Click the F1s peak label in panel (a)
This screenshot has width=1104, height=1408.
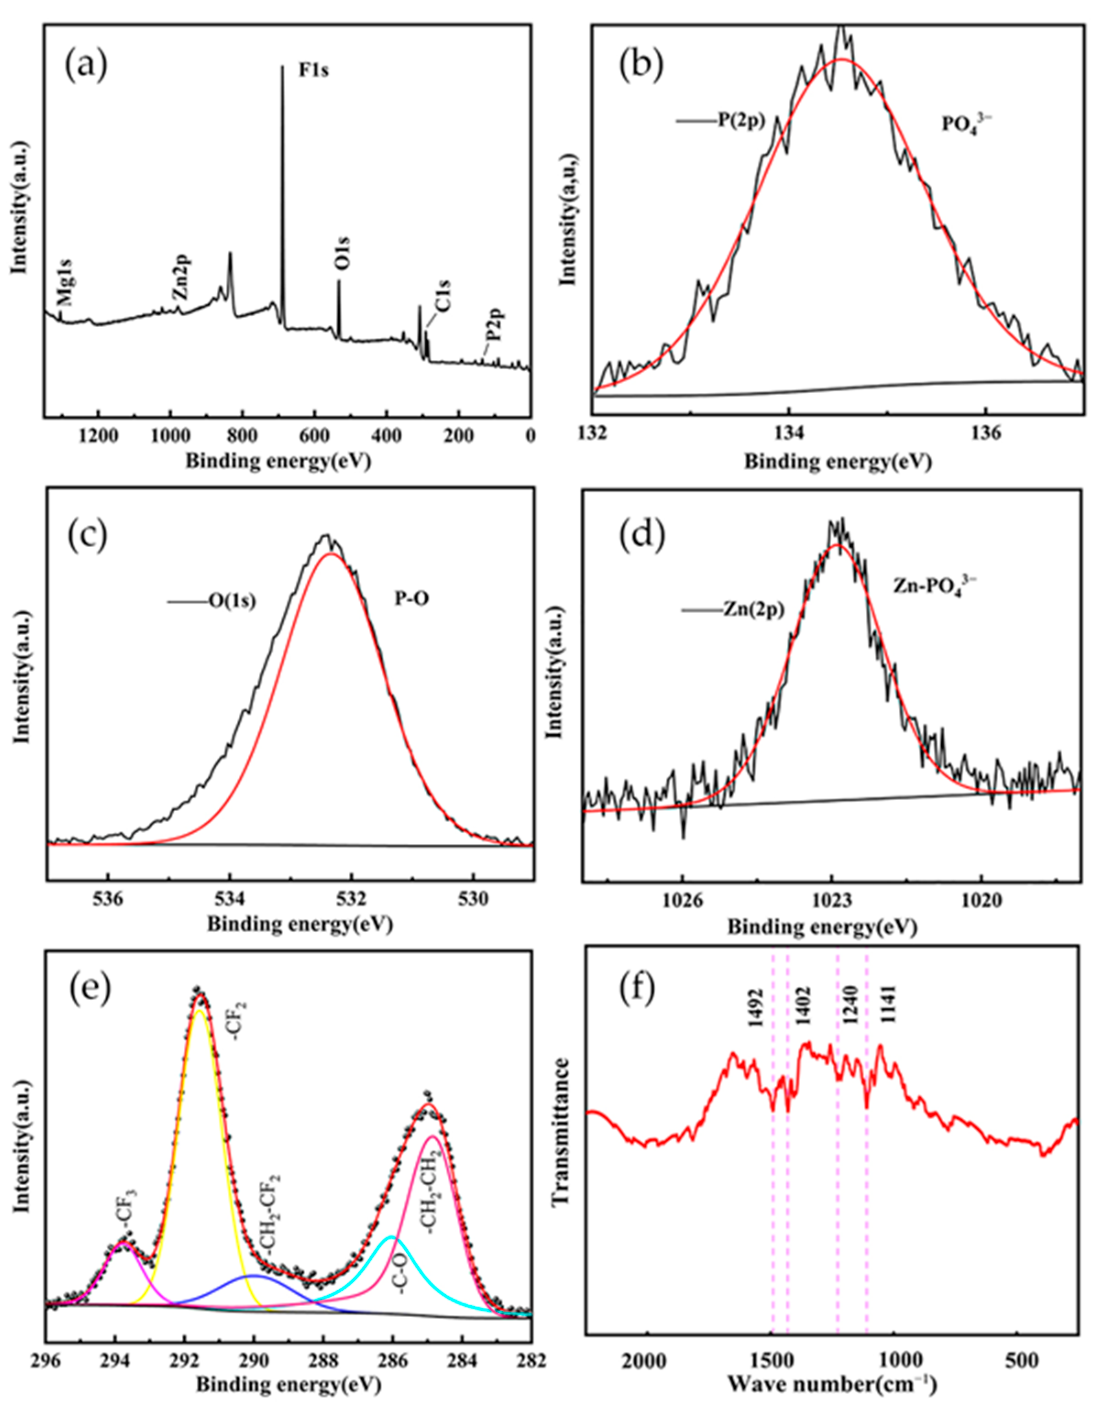[313, 70]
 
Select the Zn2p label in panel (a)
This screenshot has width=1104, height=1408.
[181, 277]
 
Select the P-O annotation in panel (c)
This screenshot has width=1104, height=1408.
[412, 600]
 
